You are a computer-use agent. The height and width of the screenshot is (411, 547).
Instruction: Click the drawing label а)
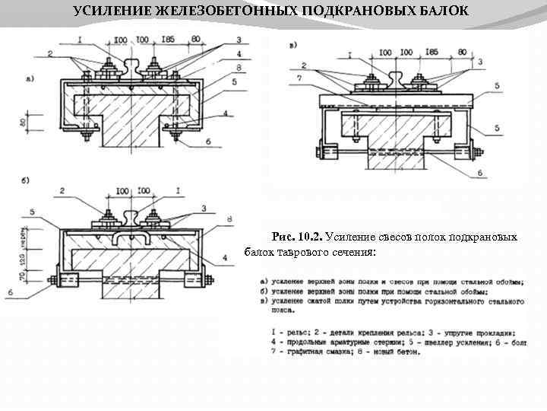[30, 78]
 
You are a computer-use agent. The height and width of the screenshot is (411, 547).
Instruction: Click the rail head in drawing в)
[396, 73]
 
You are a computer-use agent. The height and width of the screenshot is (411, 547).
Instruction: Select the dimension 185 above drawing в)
[432, 53]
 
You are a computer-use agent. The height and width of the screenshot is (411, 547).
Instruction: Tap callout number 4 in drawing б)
[226, 258]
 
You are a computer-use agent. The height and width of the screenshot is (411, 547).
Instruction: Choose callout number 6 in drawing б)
[9, 291]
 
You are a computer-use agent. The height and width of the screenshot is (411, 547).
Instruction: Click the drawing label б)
[26, 180]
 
